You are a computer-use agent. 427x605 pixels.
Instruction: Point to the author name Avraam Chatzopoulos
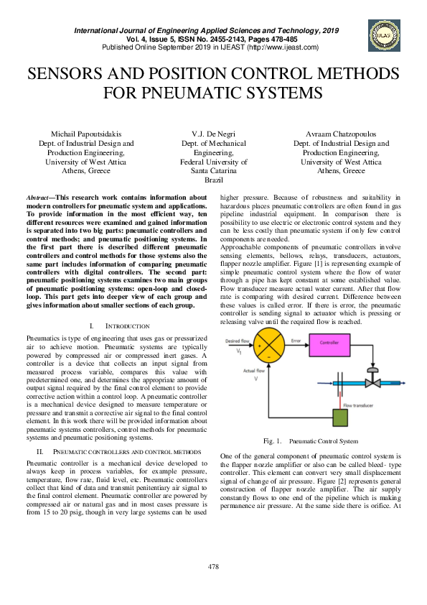pos(341,134)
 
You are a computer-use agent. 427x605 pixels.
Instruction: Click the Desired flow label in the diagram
pos(238,340)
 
